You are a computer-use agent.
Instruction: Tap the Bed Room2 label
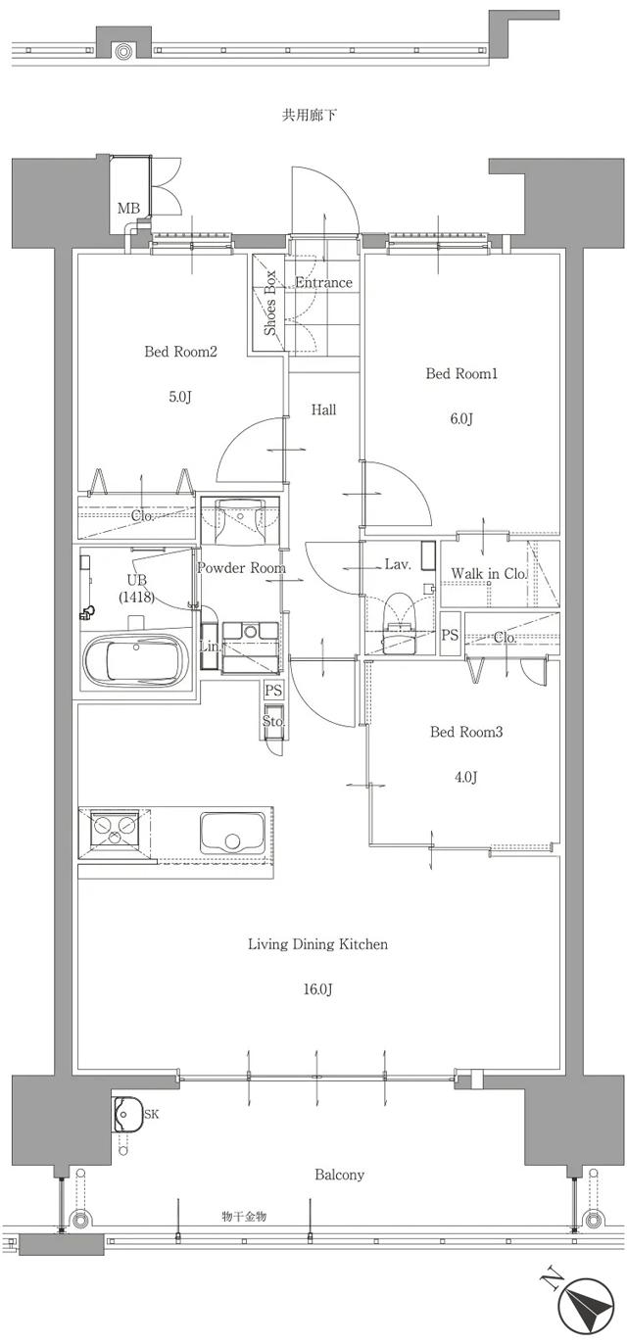pyautogui.click(x=180, y=353)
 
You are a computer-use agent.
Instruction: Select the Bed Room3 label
pyautogui.click(x=466, y=732)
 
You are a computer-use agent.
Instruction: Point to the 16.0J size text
pyautogui.click(x=317, y=990)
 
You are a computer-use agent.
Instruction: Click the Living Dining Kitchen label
pyautogui.click(x=317, y=945)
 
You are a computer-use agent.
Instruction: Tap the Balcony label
pyautogui.click(x=340, y=1175)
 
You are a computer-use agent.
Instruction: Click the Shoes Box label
pyautogui.click(x=270, y=303)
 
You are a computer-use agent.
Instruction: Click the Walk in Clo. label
pyautogui.click(x=489, y=573)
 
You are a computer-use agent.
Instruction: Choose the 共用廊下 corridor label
pyautogui.click(x=310, y=116)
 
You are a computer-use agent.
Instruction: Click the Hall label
pyautogui.click(x=324, y=409)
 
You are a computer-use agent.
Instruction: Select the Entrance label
pyautogui.click(x=323, y=283)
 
